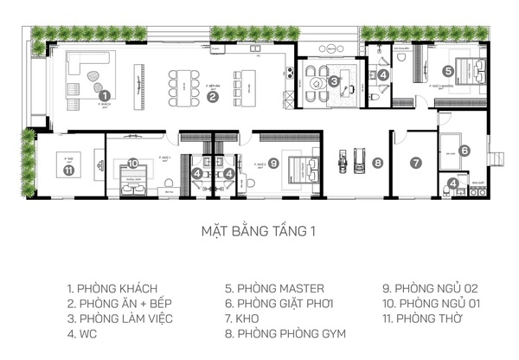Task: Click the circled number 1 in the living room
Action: pyautogui.click(x=104, y=96)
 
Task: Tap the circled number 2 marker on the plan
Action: pyautogui.click(x=212, y=97)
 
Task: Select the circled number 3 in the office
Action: pyautogui.click(x=334, y=82)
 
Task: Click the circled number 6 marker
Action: pyautogui.click(x=465, y=150)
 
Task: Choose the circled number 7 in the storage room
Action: pyautogui.click(x=415, y=162)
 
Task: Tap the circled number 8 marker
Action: pyautogui.click(x=377, y=162)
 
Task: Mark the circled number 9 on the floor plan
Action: pyautogui.click(x=272, y=162)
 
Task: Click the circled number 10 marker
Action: pyautogui.click(x=132, y=162)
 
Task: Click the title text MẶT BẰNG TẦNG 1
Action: pyautogui.click(x=259, y=231)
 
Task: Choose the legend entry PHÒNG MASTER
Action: pyautogui.click(x=274, y=288)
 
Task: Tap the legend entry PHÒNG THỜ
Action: pyautogui.click(x=424, y=319)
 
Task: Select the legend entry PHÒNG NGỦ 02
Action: pyautogui.click(x=430, y=288)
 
